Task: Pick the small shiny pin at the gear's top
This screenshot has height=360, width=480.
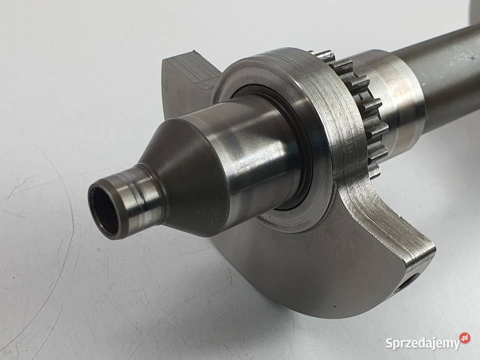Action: point(325,55)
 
